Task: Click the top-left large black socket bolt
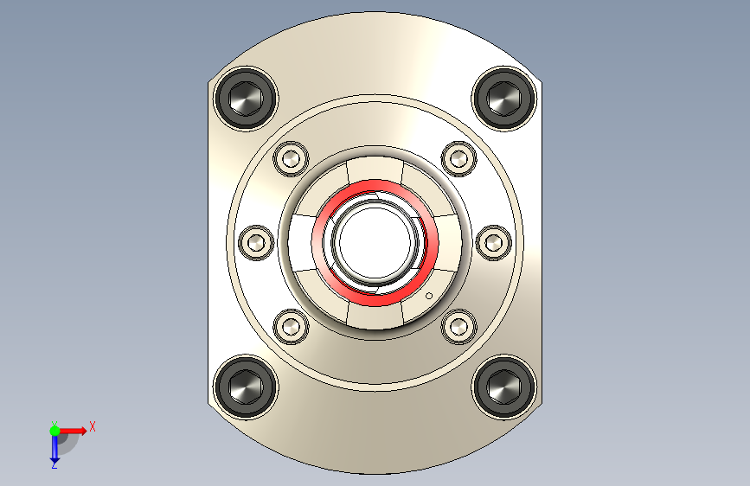tap(245, 98)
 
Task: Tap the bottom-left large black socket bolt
tap(245, 387)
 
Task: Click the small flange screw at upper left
tap(291, 158)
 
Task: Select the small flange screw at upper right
tap(458, 158)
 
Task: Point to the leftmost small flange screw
tap(255, 242)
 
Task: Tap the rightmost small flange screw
tap(493, 242)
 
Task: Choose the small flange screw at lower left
tap(291, 326)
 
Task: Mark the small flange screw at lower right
tap(458, 326)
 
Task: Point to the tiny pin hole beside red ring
tap(429, 296)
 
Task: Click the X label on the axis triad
tap(92, 426)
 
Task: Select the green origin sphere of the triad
tap(54, 431)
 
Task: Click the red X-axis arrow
tap(74, 430)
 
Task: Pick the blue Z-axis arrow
tap(54, 448)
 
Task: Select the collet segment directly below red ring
tap(375, 317)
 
